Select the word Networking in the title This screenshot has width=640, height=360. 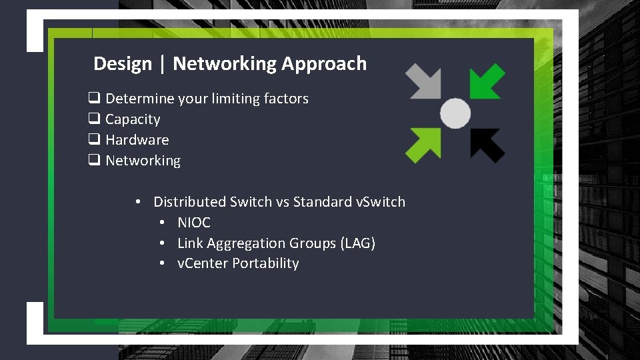pos(224,64)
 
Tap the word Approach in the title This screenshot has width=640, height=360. pos(324,64)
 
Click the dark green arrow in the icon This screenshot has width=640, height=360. pos(487,81)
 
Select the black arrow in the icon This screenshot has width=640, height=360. pos(487,143)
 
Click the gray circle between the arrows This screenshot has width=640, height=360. pos(455,113)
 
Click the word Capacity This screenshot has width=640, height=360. pos(133,119)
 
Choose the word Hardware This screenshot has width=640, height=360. pos(137,140)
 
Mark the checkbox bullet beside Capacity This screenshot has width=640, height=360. pos(94,119)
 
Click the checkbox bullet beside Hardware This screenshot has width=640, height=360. pos(94,140)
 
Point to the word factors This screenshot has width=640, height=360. pos(286,99)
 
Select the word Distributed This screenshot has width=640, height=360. pos(190,202)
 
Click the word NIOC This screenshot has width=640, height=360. pos(193,223)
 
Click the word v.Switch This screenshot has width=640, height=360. pos(380,202)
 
